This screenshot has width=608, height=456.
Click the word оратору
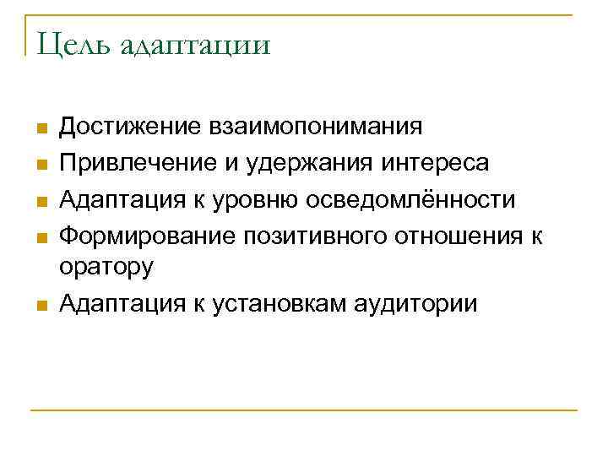pyautogui.click(x=107, y=268)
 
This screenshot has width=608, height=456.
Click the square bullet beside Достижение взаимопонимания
pyautogui.click(x=39, y=129)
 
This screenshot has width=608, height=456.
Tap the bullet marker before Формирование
pyautogui.click(x=39, y=236)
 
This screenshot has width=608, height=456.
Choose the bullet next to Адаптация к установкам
pyautogui.click(x=39, y=305)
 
